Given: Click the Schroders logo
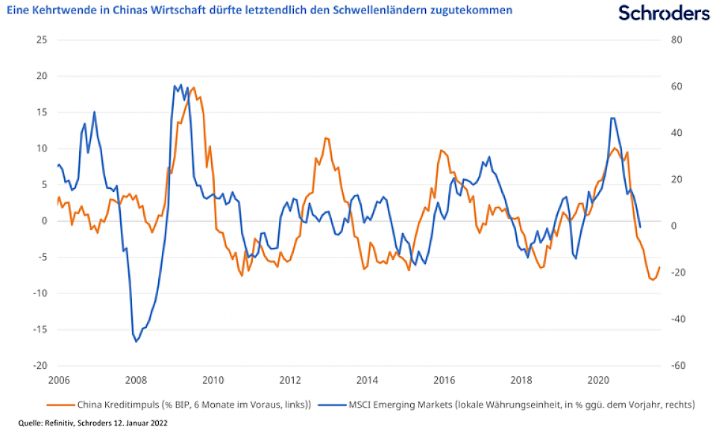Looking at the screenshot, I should pyautogui.click(x=664, y=13).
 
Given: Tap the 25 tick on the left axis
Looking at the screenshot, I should pyautogui.click(x=42, y=40).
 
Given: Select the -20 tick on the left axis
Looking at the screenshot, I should pyautogui.click(x=40, y=366).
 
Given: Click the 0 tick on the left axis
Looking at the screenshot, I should pyautogui.click(x=44, y=221).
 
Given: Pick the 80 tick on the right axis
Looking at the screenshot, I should pyautogui.click(x=676, y=40).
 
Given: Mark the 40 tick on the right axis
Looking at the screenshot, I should pyautogui.click(x=676, y=133).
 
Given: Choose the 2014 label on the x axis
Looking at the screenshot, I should pyautogui.click(x=367, y=380).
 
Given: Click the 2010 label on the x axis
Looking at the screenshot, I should pyautogui.click(x=213, y=380).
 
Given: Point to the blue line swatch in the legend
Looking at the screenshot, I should pyautogui.click(x=329, y=405).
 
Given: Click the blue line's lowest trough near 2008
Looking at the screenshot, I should pyautogui.click(x=136, y=342).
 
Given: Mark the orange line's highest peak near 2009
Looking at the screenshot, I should pyautogui.click(x=194, y=88).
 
